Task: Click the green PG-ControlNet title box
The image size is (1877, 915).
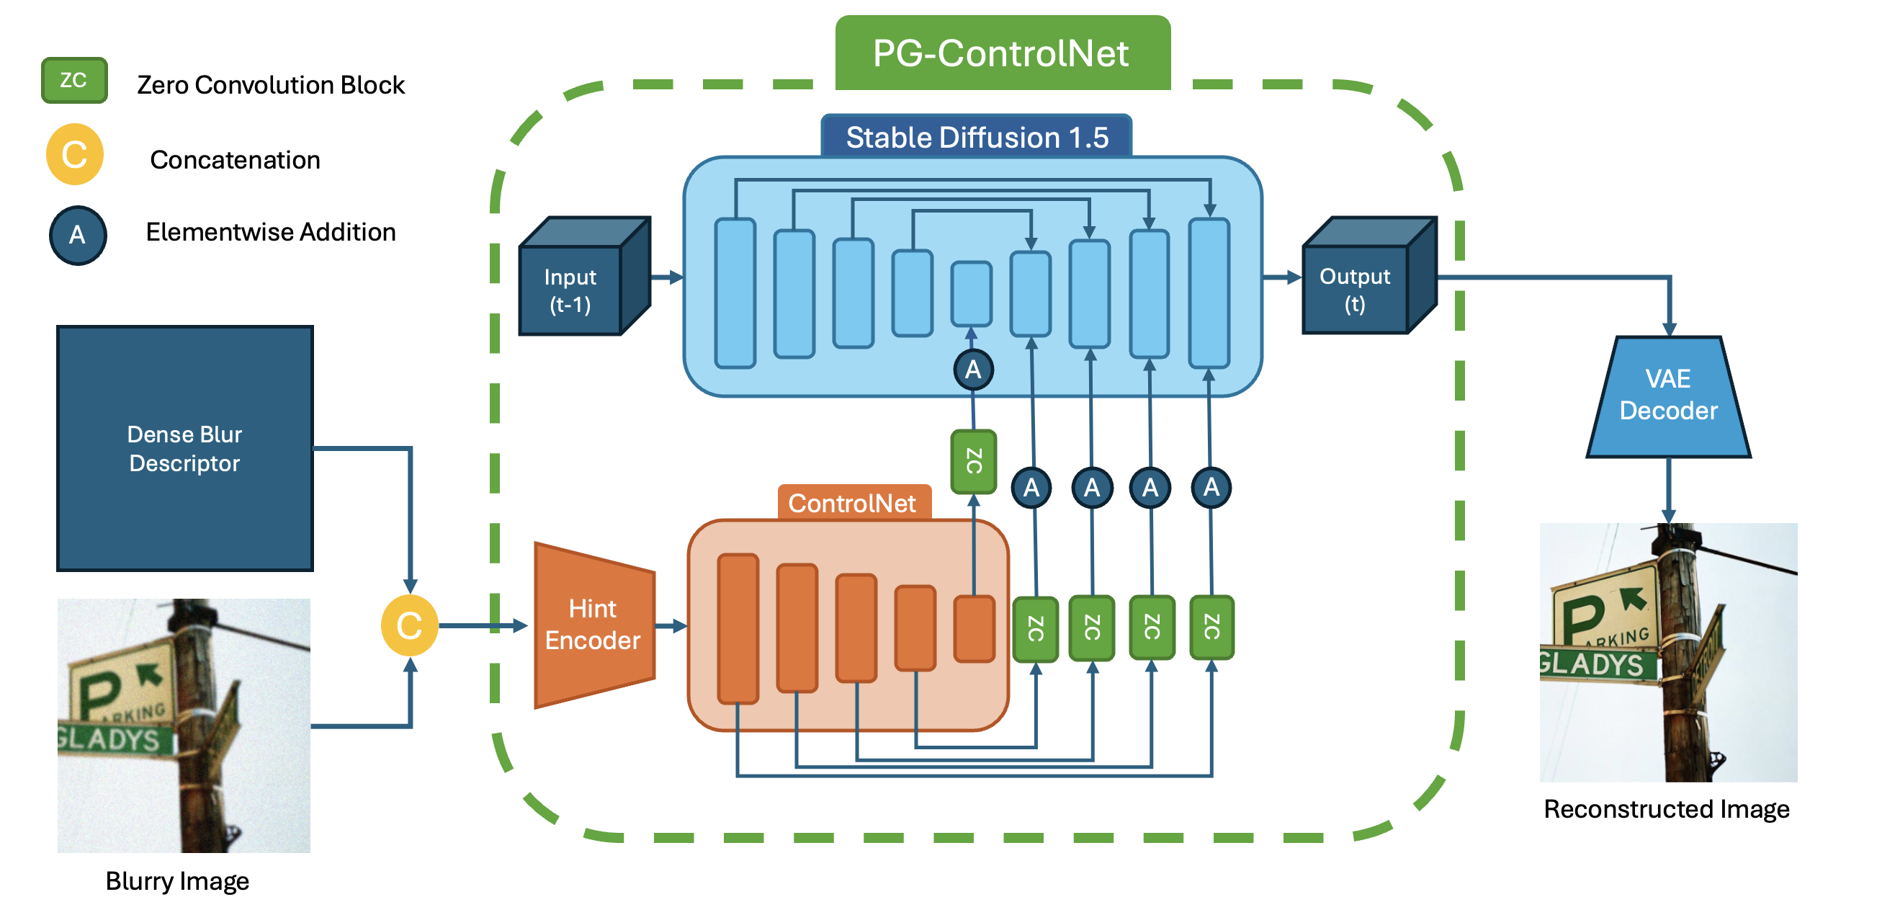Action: [x=1002, y=53]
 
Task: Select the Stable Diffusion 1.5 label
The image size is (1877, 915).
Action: [x=977, y=137]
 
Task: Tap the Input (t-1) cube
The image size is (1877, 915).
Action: [x=570, y=290]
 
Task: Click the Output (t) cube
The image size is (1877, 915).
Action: [x=1355, y=290]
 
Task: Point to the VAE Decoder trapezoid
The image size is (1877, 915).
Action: [x=1668, y=395]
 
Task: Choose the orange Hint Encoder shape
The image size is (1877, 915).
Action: [x=593, y=625]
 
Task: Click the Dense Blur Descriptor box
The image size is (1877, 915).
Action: [x=185, y=448]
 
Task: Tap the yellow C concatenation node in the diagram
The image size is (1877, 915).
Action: [x=410, y=625]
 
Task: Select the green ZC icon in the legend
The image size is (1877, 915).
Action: [x=74, y=80]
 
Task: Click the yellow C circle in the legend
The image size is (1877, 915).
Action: [x=74, y=155]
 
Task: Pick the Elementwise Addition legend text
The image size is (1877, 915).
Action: [x=270, y=232]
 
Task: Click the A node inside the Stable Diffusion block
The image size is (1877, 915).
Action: [x=973, y=370]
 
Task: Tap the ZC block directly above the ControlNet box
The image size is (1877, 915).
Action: [x=974, y=462]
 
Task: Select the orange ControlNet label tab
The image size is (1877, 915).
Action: [x=853, y=503]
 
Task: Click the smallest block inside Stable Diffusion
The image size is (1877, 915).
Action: [x=972, y=293]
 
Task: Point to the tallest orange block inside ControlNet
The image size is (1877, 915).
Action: [x=738, y=628]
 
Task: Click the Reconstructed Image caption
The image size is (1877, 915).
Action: [x=1667, y=808]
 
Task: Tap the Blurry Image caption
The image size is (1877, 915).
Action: [x=177, y=880]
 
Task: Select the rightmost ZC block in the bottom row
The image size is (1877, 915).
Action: [x=1211, y=627]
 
